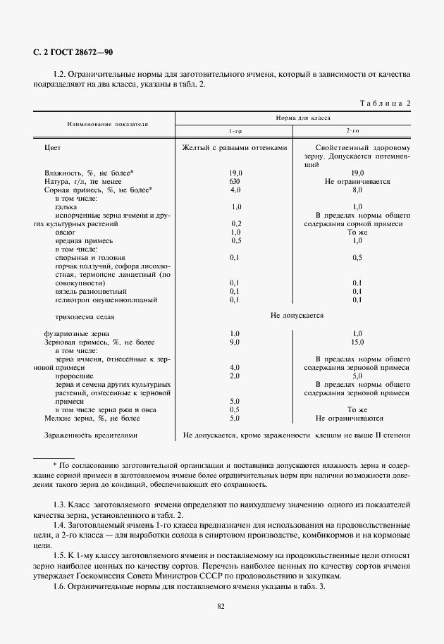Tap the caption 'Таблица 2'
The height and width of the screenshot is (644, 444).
(386, 103)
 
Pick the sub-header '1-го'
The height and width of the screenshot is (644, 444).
(235, 131)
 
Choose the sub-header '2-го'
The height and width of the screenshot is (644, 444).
(352, 131)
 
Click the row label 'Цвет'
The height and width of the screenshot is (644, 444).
(52, 148)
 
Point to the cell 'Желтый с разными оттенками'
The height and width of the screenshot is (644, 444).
(235, 148)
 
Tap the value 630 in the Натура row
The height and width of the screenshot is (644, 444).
(235, 181)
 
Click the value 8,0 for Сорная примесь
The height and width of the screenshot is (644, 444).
(357, 190)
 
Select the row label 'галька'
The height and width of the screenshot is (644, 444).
(66, 206)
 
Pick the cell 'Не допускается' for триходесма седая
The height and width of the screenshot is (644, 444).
(297, 316)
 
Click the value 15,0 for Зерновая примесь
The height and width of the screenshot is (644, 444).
(357, 342)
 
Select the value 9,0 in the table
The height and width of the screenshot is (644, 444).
(235, 342)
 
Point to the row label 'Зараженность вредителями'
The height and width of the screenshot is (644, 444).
(90, 435)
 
